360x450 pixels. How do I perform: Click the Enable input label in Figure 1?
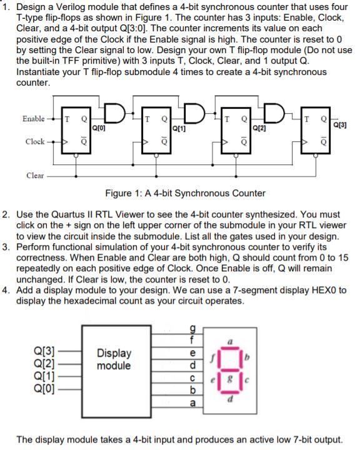click(x=33, y=118)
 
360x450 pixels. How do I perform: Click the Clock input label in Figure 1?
click(x=35, y=141)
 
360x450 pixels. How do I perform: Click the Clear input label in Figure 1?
click(x=35, y=176)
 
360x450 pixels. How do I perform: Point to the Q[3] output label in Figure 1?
click(x=342, y=124)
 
